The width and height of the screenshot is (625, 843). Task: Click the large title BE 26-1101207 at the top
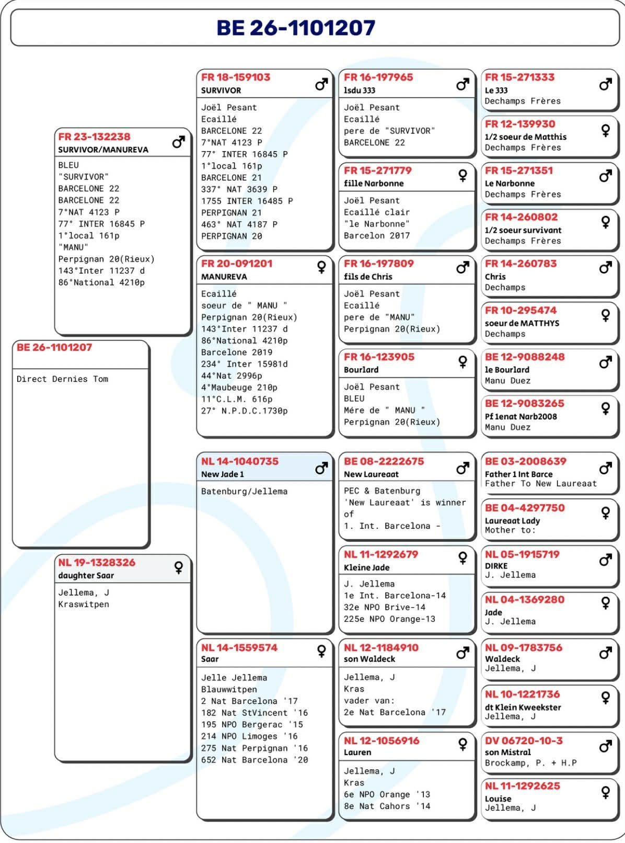[296, 28]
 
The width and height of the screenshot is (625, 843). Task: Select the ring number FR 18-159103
[236, 77]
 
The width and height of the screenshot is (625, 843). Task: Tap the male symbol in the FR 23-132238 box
[178, 142]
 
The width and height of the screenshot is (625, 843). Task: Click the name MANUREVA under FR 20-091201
[224, 277]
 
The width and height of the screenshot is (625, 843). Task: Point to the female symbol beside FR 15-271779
[462, 175]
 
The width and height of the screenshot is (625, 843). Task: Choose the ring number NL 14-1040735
[240, 461]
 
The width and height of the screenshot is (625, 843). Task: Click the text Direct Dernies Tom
[62, 379]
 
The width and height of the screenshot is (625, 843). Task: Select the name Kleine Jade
[366, 567]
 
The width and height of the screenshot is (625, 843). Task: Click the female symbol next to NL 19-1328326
[178, 567]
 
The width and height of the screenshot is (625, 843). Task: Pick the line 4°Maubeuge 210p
[239, 388]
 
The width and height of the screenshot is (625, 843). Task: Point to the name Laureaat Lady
[512, 521]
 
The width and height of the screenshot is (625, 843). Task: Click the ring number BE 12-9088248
[525, 357]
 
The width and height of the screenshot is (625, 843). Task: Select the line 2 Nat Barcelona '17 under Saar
[249, 701]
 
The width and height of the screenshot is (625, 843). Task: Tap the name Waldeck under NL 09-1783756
[502, 659]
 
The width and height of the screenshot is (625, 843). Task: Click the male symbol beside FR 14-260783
[605, 268]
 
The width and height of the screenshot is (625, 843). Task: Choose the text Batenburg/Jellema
[244, 492]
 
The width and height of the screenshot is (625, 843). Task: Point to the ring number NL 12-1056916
[381, 741]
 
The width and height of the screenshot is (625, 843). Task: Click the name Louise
[498, 799]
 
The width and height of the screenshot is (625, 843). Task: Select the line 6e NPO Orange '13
[387, 794]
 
